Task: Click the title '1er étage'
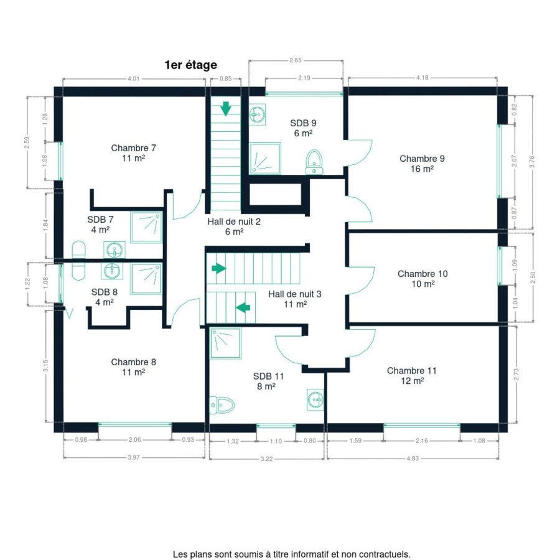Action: (x=191, y=65)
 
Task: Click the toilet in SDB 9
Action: (x=314, y=162)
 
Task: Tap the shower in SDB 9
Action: (x=265, y=158)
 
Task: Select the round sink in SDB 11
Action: (x=315, y=399)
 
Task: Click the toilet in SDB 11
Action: (x=222, y=405)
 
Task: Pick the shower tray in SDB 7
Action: (x=146, y=227)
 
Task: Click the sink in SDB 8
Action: (x=113, y=271)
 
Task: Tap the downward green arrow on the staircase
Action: (x=226, y=108)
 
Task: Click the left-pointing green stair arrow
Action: (x=243, y=307)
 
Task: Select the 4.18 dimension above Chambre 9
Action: (x=422, y=78)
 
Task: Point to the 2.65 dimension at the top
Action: (x=296, y=60)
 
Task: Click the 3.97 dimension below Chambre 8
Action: (x=134, y=457)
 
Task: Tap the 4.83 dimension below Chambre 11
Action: (x=413, y=458)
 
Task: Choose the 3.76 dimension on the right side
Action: (x=532, y=162)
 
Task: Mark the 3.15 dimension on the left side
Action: (x=45, y=366)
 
